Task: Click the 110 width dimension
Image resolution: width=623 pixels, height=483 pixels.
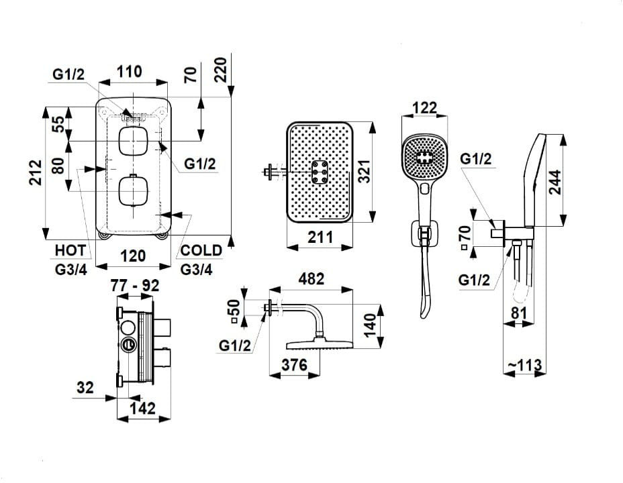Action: [x=129, y=71]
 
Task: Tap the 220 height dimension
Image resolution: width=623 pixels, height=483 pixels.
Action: [x=220, y=70]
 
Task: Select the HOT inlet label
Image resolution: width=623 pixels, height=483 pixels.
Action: [x=70, y=250]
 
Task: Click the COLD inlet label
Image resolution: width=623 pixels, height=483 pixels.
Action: [x=201, y=250]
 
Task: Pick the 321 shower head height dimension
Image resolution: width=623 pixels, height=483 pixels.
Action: [x=364, y=172]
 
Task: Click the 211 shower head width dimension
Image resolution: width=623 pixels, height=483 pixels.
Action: [x=320, y=237]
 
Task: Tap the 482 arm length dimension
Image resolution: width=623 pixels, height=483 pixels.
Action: [x=311, y=278]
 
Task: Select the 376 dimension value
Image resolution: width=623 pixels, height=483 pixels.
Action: [x=295, y=364]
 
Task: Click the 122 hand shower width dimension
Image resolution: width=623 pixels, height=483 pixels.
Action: [x=425, y=107]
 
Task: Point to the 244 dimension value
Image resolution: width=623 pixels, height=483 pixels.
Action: [x=555, y=182]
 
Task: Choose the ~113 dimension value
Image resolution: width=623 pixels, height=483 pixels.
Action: [x=524, y=364]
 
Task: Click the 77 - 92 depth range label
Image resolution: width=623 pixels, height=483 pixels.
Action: [x=135, y=285]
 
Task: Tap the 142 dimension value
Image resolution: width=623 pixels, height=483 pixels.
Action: [x=142, y=408]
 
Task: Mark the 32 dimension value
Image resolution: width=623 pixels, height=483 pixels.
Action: [x=85, y=387]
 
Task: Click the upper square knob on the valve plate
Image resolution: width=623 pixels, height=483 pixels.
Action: [x=133, y=141]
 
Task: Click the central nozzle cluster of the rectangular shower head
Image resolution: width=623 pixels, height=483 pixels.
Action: [x=320, y=172]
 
